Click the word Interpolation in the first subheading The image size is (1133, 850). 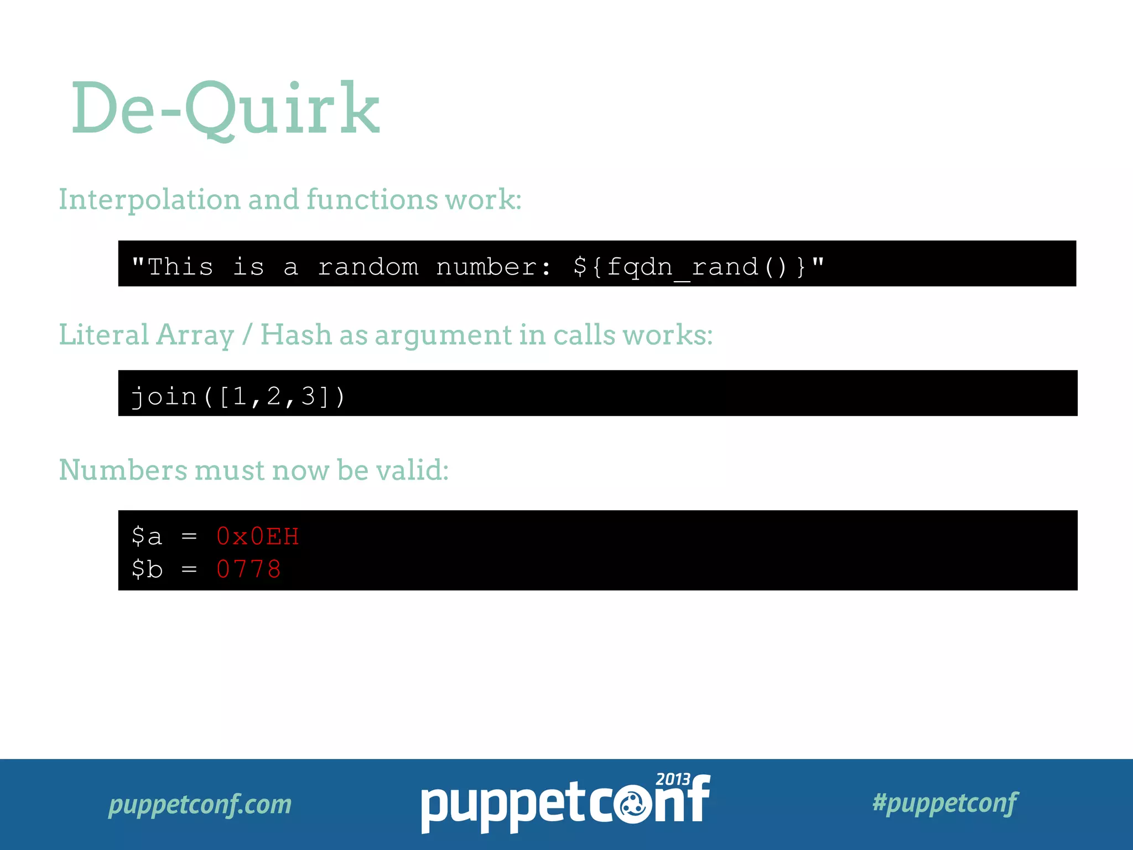pos(149,200)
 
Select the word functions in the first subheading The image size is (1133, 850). pos(372,199)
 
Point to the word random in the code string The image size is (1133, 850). pos(368,267)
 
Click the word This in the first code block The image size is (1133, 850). pos(180,267)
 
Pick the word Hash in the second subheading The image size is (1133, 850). pos(295,335)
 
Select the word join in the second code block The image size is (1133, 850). pos(164,397)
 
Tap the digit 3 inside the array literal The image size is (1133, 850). pos(308,396)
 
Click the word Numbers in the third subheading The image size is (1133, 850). pos(123,470)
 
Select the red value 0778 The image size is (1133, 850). pos(249,569)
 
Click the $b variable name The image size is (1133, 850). pos(147,569)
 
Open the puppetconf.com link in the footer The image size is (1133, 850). pos(200,804)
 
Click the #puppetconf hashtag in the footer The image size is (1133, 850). pos(945,803)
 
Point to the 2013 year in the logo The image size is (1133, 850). pos(673,779)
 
